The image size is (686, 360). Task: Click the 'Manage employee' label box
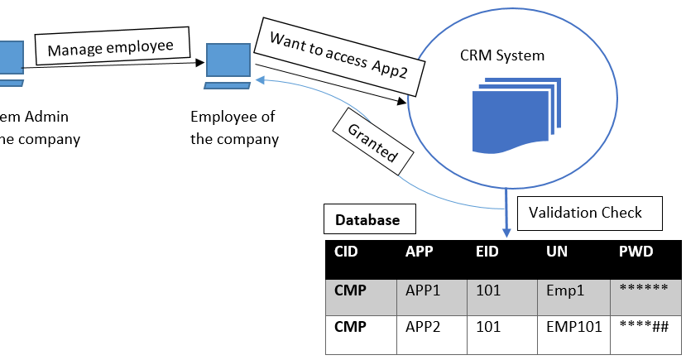coord(111,48)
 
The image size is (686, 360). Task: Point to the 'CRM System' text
coord(502,55)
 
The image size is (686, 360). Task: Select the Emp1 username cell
coord(566,290)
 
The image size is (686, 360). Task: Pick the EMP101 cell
coord(573,326)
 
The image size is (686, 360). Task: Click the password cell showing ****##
coord(643,326)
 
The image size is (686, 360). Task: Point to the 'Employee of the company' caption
coord(234,127)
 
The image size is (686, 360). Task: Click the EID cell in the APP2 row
coord(488,326)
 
